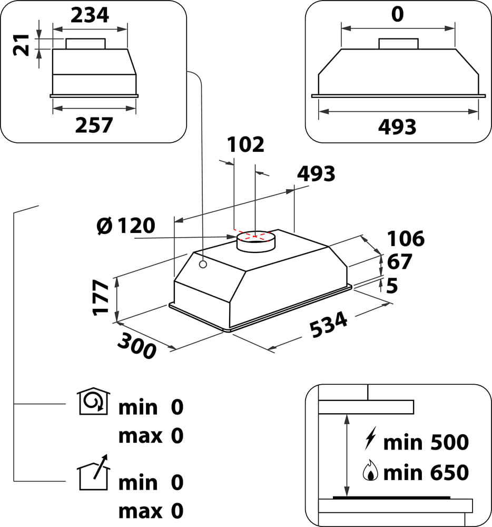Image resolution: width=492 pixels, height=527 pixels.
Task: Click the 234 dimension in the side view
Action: [x=90, y=15]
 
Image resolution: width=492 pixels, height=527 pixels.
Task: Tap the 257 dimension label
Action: [x=94, y=125]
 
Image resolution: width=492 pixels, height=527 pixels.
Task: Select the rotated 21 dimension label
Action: [x=21, y=45]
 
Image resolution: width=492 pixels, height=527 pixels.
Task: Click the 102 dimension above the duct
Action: [x=245, y=145]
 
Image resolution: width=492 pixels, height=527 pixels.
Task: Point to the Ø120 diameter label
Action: [x=126, y=226]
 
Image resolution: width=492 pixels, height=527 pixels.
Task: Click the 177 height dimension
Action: [x=101, y=297]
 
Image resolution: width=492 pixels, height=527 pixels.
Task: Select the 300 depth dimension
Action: [x=137, y=345]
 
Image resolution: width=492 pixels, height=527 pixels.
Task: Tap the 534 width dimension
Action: [x=328, y=325]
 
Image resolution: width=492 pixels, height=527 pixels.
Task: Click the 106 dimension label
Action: [x=406, y=239]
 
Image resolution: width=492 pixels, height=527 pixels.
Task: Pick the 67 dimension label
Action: [x=399, y=262]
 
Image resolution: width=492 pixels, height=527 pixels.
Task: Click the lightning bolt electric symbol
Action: [x=370, y=438]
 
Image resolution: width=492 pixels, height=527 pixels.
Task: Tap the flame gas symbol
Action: [x=370, y=470]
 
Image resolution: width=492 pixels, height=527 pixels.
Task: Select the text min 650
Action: [x=426, y=473]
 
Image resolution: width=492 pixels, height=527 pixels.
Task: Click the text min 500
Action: [x=426, y=442]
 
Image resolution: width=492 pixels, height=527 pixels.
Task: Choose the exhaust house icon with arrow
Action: [x=94, y=472]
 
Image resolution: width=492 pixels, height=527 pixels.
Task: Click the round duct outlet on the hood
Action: [x=256, y=241]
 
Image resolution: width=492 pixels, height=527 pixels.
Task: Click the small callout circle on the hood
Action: [x=203, y=264]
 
